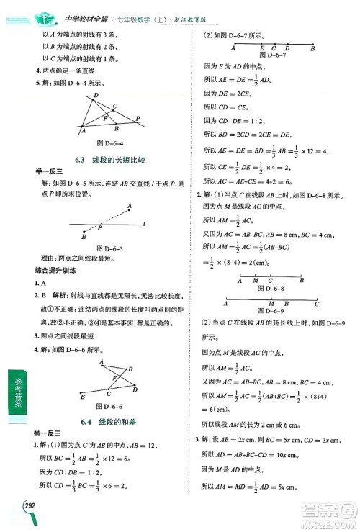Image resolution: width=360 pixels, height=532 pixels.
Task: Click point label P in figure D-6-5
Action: pos(101,228)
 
